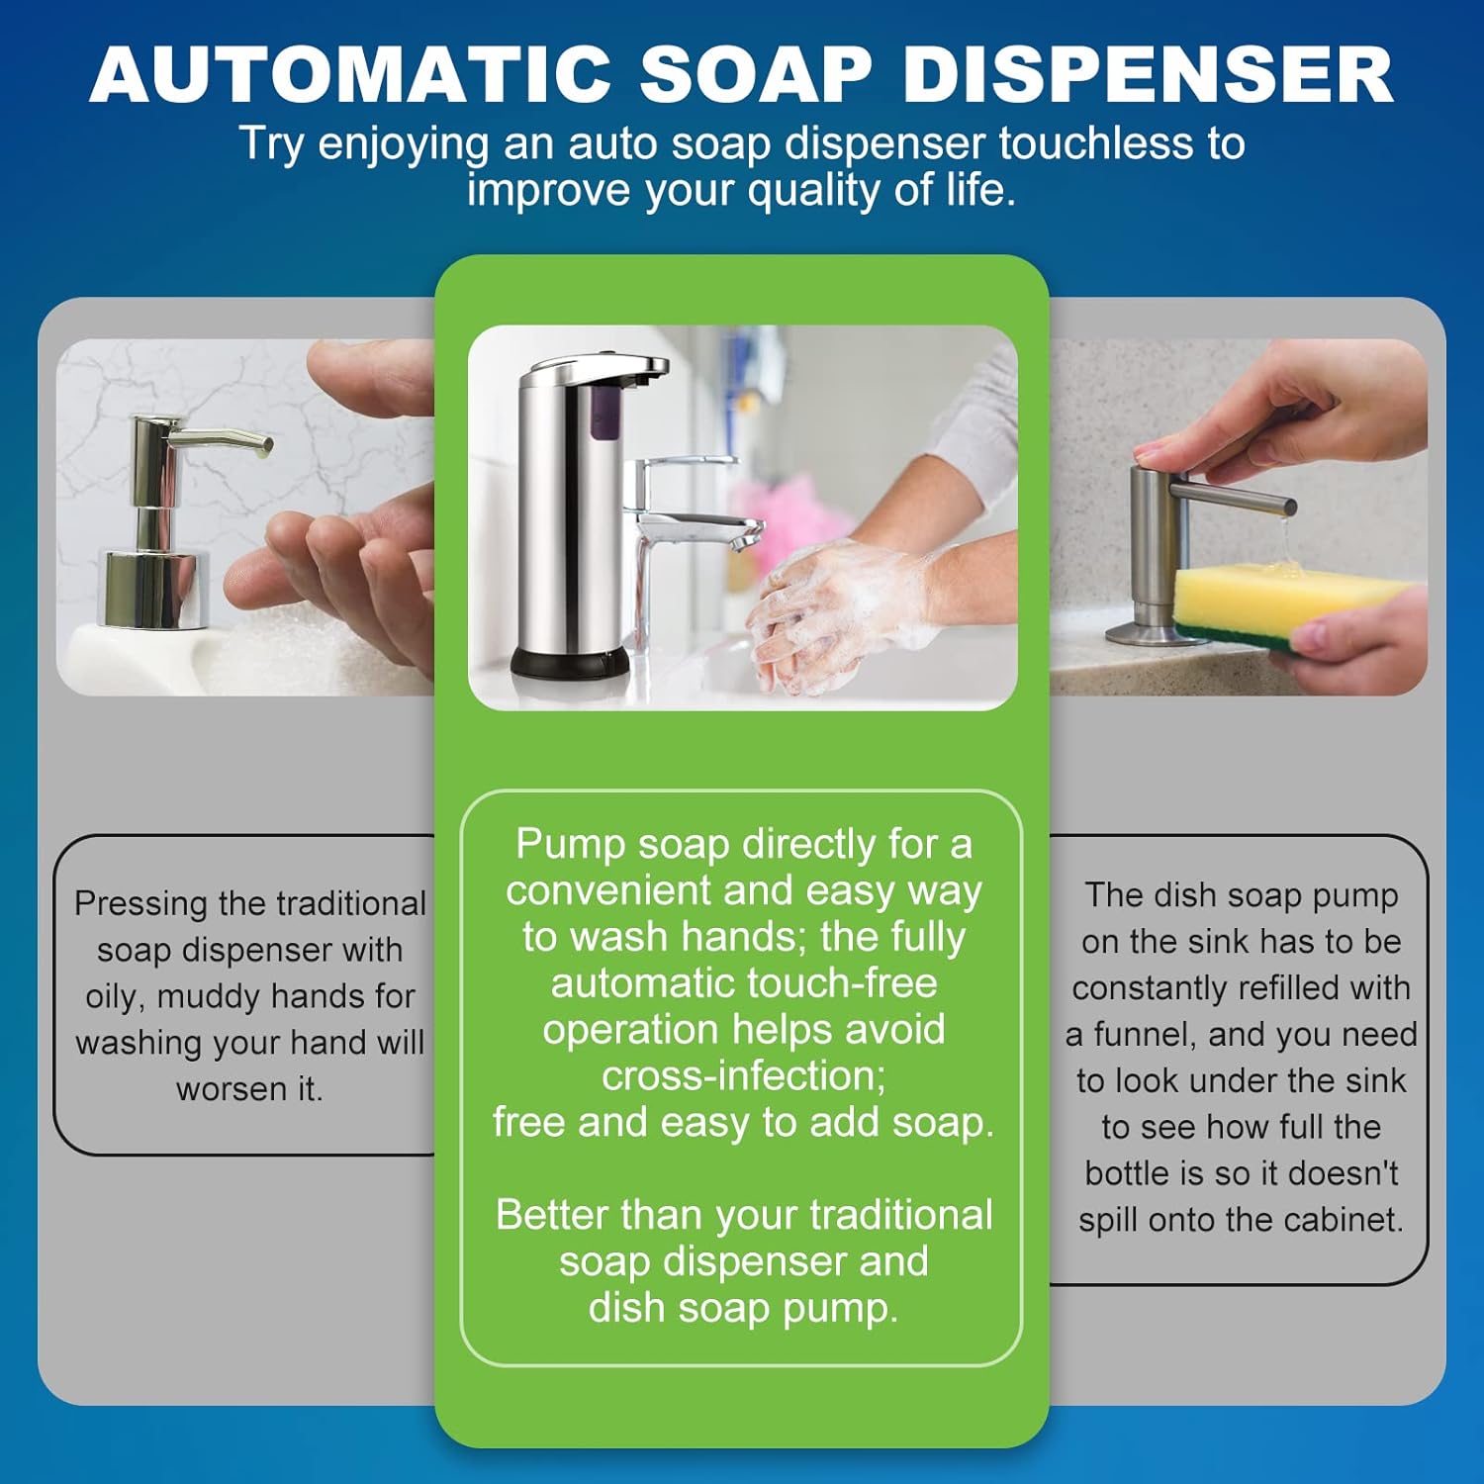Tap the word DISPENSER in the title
[1148, 75]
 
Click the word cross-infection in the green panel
[743, 1075]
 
